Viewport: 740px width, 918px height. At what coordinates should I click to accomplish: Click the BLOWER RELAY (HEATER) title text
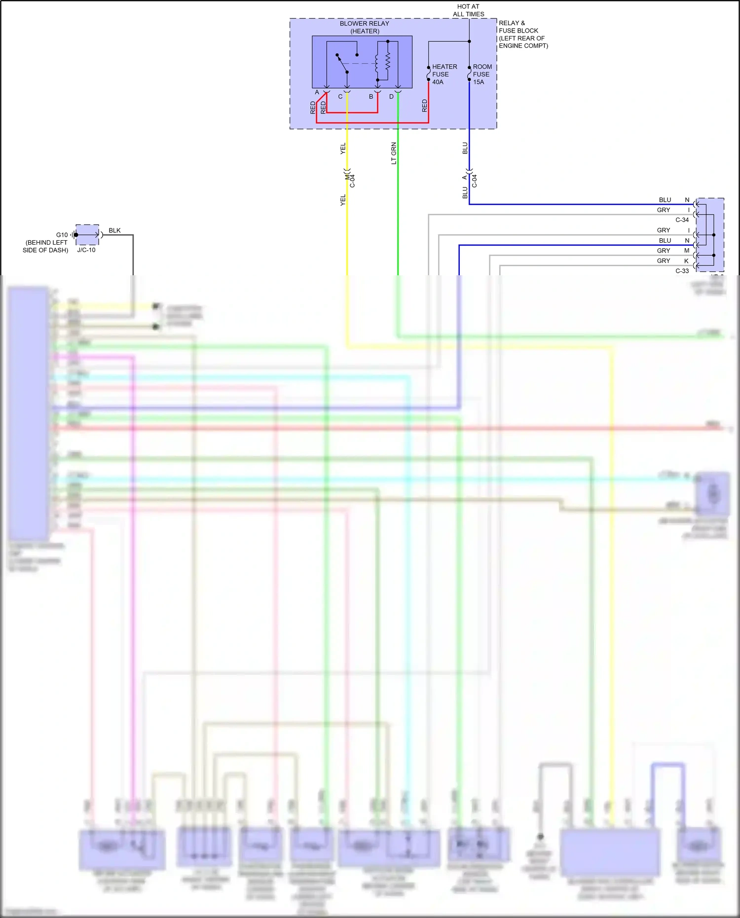365,27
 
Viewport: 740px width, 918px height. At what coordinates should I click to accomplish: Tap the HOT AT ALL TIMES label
468,10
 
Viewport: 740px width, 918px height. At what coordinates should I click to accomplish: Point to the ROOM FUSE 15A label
481,74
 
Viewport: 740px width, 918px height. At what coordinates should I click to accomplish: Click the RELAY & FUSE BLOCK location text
523,34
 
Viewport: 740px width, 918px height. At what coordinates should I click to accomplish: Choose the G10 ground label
62,235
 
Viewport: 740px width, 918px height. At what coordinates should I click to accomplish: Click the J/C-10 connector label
86,250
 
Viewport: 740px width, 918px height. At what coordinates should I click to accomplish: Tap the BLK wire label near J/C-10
114,230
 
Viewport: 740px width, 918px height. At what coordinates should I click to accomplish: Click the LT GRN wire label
394,153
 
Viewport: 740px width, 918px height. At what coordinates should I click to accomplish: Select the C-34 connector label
682,220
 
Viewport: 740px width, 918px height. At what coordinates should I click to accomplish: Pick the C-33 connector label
682,271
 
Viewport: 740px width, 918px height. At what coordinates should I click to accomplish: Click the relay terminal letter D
391,97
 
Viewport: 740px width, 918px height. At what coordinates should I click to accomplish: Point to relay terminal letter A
317,92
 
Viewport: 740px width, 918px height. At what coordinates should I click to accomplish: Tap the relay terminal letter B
371,97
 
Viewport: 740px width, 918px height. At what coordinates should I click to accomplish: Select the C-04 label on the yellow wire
352,181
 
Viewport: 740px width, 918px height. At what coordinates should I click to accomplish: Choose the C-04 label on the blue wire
475,181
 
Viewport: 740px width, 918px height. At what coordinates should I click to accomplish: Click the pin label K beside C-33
686,261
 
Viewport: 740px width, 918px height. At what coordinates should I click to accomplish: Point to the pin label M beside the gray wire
686,251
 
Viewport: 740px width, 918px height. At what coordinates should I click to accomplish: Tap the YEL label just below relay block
343,148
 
